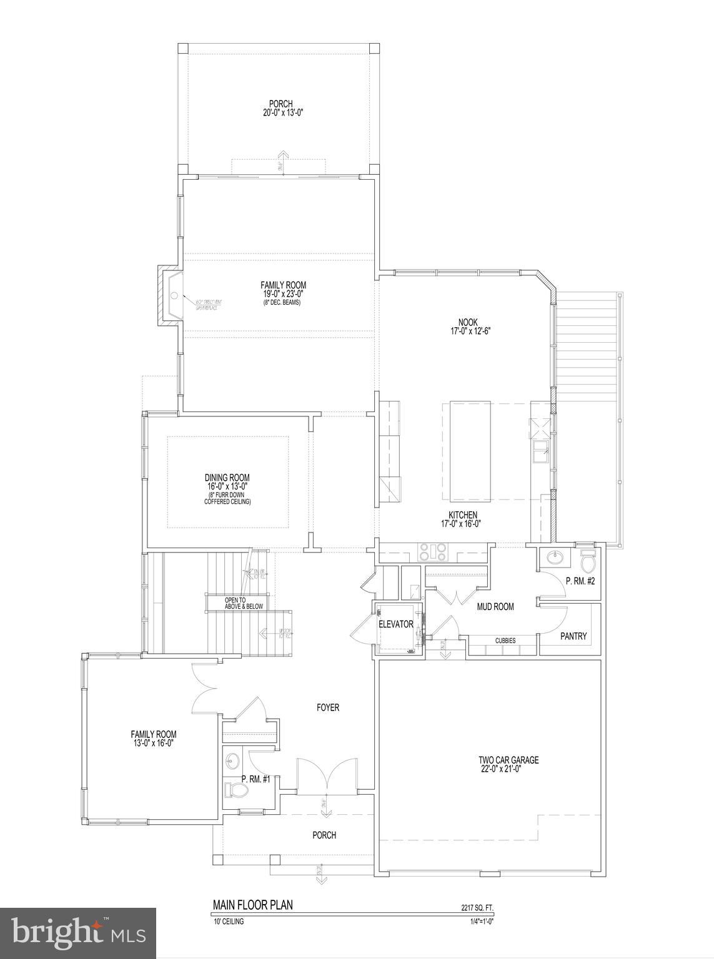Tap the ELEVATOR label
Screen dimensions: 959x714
(x=395, y=624)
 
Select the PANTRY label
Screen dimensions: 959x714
(x=573, y=636)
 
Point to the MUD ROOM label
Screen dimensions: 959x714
(x=495, y=606)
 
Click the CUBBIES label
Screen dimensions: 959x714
(x=505, y=641)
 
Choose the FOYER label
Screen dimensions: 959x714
(x=328, y=707)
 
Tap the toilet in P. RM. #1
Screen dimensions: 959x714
(x=236, y=791)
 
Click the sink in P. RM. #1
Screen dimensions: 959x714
(x=232, y=761)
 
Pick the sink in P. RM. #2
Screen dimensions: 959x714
(x=553, y=557)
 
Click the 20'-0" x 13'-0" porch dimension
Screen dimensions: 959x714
(x=281, y=113)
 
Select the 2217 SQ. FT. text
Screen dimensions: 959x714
(x=477, y=908)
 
